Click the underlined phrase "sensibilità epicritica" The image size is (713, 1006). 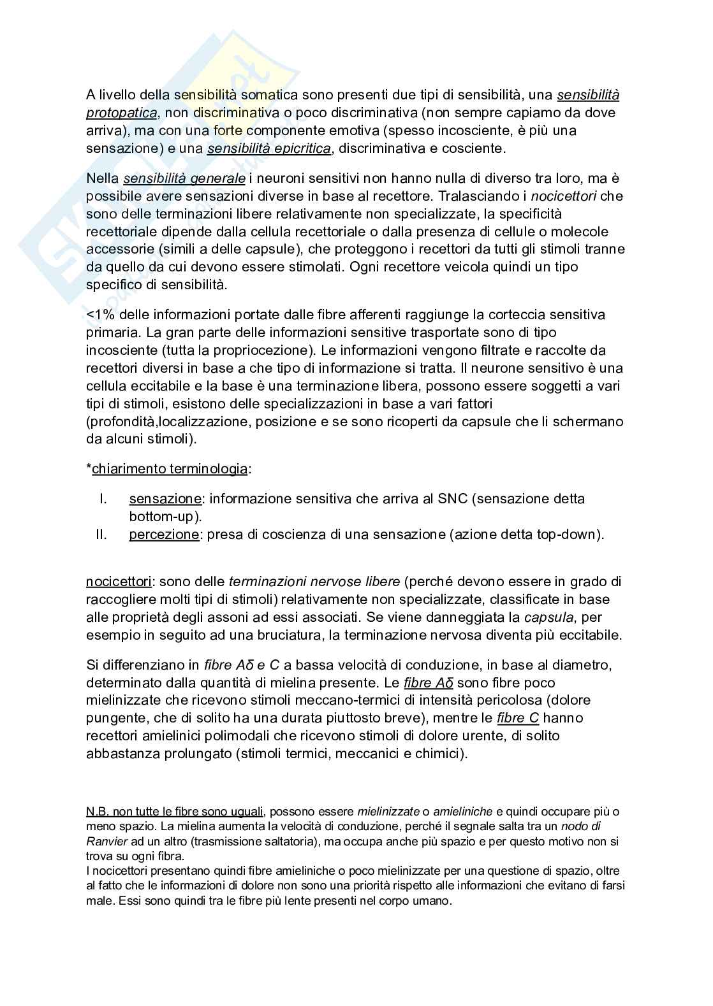[268, 148]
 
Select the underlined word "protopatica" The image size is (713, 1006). [121, 113]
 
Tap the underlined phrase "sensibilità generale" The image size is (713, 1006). [184, 178]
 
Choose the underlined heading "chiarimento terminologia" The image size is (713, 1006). [170, 469]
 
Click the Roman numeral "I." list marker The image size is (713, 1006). [103, 498]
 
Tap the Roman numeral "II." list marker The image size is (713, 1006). [101, 534]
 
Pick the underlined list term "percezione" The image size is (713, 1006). [164, 534]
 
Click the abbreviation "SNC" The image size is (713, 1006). [453, 498]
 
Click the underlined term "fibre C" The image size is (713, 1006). [518, 717]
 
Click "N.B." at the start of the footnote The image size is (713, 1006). [98, 811]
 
